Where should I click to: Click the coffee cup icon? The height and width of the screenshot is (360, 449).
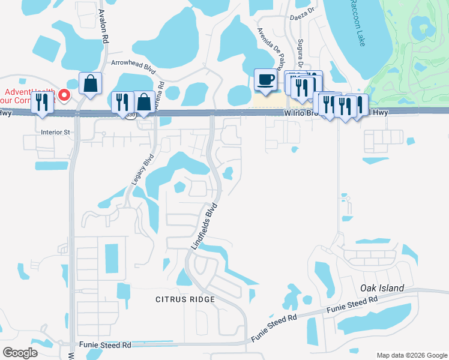pyautogui.click(x=265, y=80)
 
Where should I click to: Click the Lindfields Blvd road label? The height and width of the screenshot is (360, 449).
pyautogui.click(x=203, y=226)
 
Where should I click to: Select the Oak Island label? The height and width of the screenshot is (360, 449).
pyautogui.click(x=382, y=288)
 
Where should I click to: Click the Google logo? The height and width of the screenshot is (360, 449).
pyautogui.click(x=20, y=352)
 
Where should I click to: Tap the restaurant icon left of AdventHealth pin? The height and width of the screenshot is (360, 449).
pyautogui.click(x=41, y=102)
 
